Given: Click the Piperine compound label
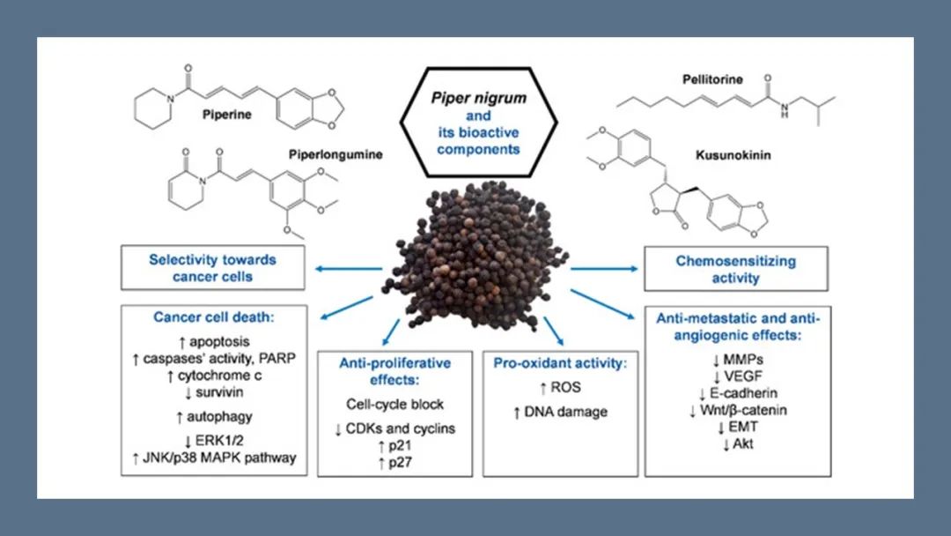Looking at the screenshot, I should [x=227, y=115].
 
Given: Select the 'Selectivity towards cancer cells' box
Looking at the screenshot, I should [x=212, y=268].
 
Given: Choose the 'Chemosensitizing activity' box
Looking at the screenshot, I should [x=736, y=269].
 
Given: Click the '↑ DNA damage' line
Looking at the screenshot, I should [x=562, y=412].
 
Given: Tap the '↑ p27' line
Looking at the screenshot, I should [x=395, y=462].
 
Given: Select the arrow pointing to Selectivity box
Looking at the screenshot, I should [x=346, y=268].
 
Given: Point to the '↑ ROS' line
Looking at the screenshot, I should [x=562, y=386].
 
